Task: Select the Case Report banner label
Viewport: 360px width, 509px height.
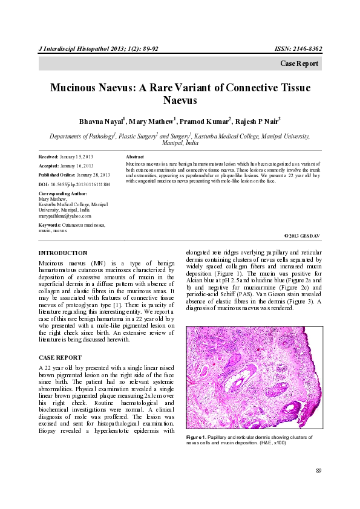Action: (299, 64)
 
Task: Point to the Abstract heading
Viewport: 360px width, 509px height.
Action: (135, 157)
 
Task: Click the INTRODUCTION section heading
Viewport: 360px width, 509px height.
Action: (63, 253)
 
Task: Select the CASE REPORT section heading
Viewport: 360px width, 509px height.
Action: (61, 358)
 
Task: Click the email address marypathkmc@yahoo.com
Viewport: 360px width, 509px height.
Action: (65, 215)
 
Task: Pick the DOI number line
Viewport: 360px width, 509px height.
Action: (74, 183)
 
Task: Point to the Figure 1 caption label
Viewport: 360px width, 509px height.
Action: (197, 436)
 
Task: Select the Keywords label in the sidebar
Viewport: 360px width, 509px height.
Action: (52, 225)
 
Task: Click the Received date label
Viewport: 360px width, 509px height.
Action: (49, 157)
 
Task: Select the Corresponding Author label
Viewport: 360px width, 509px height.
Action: (62, 193)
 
